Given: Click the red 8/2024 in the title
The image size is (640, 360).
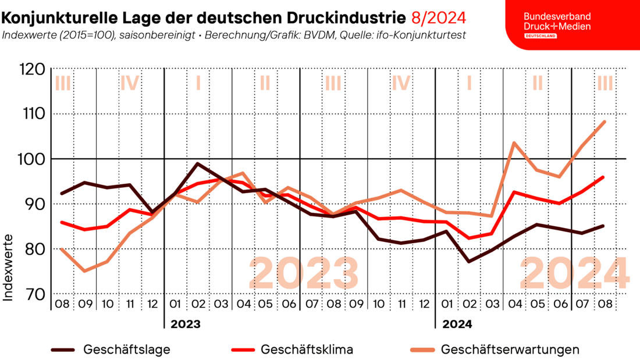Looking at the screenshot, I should pos(438,17).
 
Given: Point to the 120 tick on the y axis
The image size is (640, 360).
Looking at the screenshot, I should pos(31,70).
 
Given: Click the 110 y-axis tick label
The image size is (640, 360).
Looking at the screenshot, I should pos(31,114).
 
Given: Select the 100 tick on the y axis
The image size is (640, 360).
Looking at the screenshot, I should pos(31,159).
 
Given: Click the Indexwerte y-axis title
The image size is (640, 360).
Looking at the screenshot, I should pos(9,268).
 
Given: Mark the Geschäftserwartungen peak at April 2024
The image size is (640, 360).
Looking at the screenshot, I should pos(514,142).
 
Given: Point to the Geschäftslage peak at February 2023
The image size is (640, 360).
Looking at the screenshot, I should pos(198,163).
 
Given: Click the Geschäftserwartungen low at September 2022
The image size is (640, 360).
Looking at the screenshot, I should pos(85,271).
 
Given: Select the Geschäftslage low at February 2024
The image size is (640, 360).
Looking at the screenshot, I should pos(469,262).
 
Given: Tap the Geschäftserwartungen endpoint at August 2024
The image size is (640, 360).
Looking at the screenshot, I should pos(605,122).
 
